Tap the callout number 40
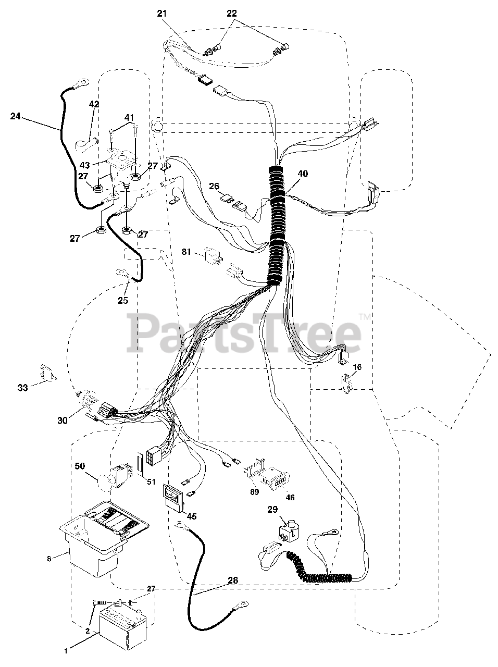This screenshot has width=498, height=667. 303,174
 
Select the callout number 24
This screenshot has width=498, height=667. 16,116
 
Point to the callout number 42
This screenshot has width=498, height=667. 94,105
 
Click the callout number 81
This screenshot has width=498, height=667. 186,253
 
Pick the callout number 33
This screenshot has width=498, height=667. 22,388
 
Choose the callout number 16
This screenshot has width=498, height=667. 357,367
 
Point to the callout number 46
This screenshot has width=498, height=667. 290,498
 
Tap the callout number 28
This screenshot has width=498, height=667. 232,580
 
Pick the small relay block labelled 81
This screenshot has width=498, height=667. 213,255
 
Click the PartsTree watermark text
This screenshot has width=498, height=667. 245,331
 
